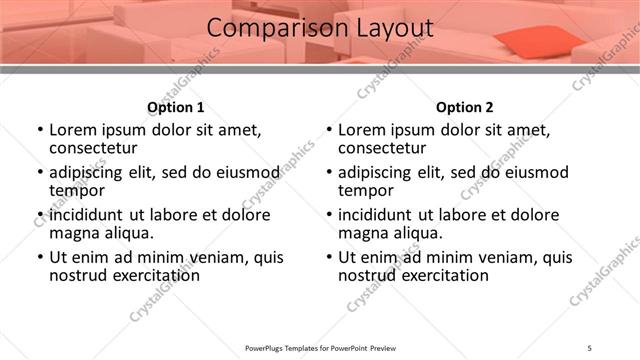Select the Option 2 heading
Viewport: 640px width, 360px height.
click(464, 107)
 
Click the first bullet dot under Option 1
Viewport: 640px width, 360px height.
click(40, 130)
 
